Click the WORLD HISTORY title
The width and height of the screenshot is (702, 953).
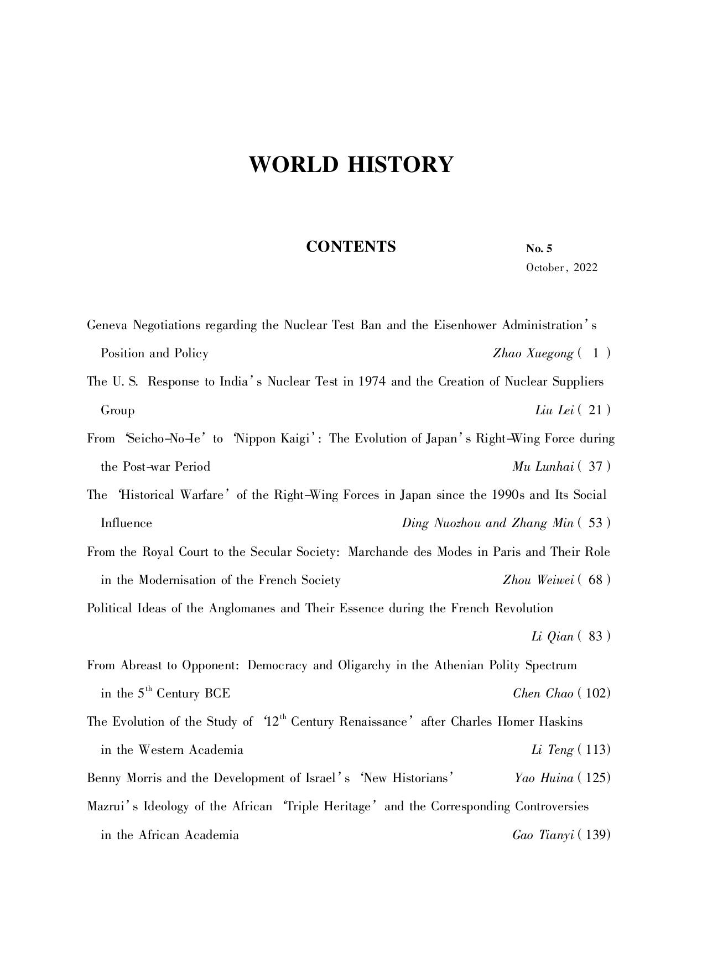(x=351, y=165)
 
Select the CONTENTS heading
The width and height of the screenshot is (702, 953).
(x=351, y=247)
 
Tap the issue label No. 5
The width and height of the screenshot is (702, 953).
(x=539, y=248)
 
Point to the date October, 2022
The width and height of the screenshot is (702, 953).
(x=561, y=268)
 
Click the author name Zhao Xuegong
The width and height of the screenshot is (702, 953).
(x=533, y=353)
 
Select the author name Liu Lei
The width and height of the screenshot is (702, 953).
(x=554, y=410)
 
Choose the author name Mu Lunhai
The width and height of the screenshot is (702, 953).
(x=543, y=467)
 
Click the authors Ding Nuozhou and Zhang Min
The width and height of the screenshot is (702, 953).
(x=487, y=523)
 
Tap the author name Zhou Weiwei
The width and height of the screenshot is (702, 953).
(x=538, y=580)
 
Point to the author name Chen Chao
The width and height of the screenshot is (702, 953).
(x=543, y=694)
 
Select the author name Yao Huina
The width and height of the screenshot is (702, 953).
(x=543, y=778)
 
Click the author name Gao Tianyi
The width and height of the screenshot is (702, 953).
(x=542, y=835)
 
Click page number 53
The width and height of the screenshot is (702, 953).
(x=596, y=523)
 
